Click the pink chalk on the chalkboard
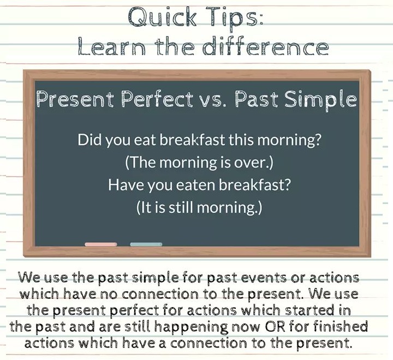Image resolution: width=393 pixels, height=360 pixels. [101, 244]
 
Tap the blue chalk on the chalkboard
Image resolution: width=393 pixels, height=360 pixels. [146, 244]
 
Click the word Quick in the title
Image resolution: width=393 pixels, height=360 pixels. [162, 17]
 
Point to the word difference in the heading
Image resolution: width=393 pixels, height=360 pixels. [265, 46]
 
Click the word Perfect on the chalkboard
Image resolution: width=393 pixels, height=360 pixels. [157, 99]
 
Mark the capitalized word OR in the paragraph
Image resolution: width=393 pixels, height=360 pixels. [275, 327]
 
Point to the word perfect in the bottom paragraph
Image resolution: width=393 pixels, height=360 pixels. [134, 311]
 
